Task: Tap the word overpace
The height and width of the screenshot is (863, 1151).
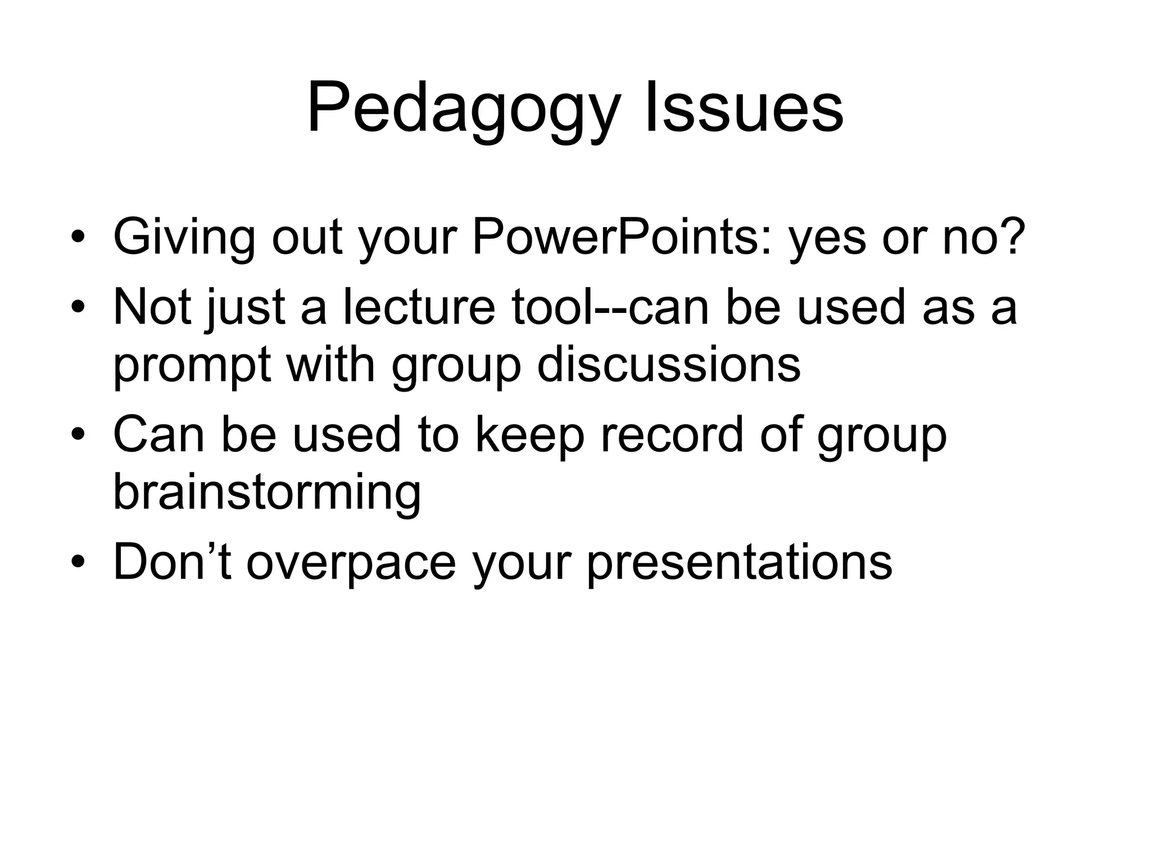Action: tap(351, 564)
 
